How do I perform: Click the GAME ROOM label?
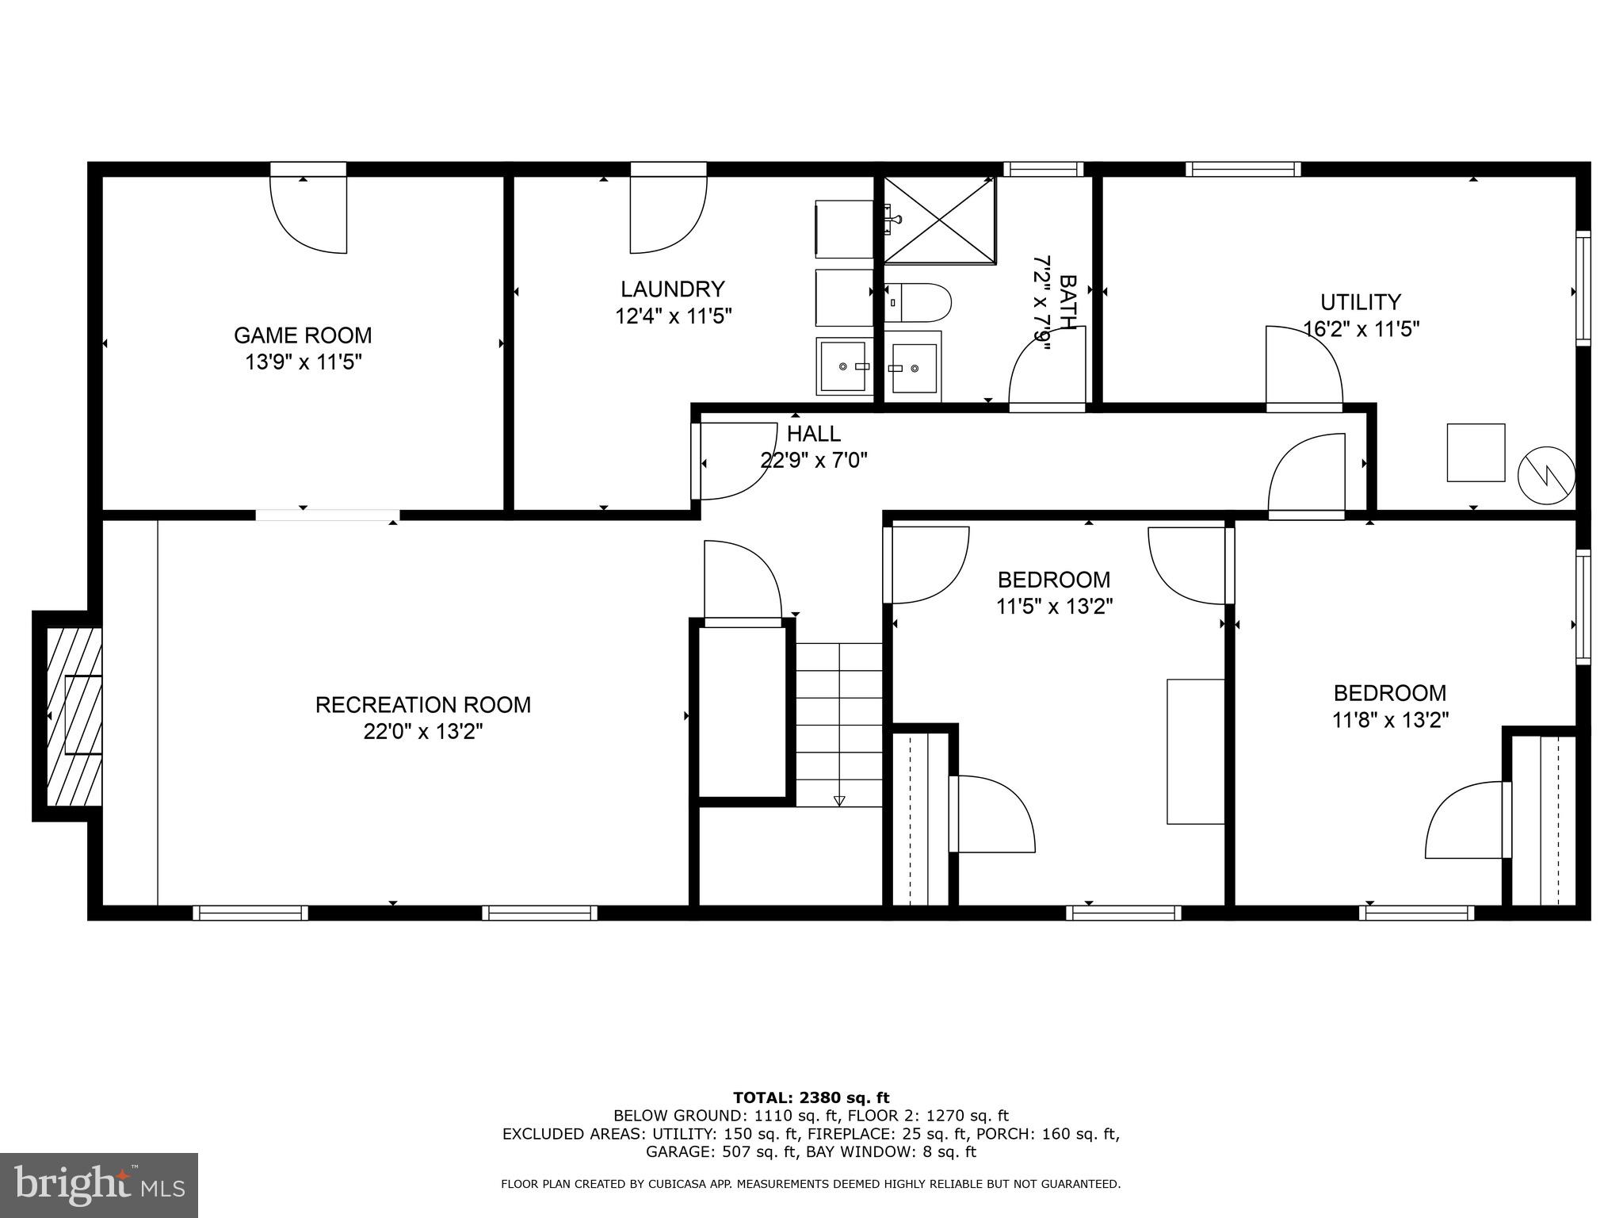pyautogui.click(x=303, y=335)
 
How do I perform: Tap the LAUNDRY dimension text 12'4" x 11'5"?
pyautogui.click(x=673, y=316)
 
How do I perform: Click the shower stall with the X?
pyautogui.click(x=939, y=220)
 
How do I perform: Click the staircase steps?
pyautogui.click(x=838, y=723)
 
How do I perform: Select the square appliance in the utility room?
pyautogui.click(x=1476, y=453)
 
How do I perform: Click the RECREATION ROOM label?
pyautogui.click(x=423, y=705)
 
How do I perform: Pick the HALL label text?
pyautogui.click(x=814, y=434)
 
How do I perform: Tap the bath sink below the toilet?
pyautogui.click(x=913, y=367)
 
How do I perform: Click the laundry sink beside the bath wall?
pyautogui.click(x=845, y=366)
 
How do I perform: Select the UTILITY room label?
pyautogui.click(x=1360, y=302)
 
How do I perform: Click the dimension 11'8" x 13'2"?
pyautogui.click(x=1390, y=720)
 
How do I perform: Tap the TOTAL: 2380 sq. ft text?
pyautogui.click(x=811, y=1097)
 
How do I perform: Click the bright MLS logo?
pyautogui.click(x=99, y=1185)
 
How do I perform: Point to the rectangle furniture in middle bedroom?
pyautogui.click(x=1195, y=751)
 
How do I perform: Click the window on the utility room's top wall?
pyautogui.click(x=1243, y=169)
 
